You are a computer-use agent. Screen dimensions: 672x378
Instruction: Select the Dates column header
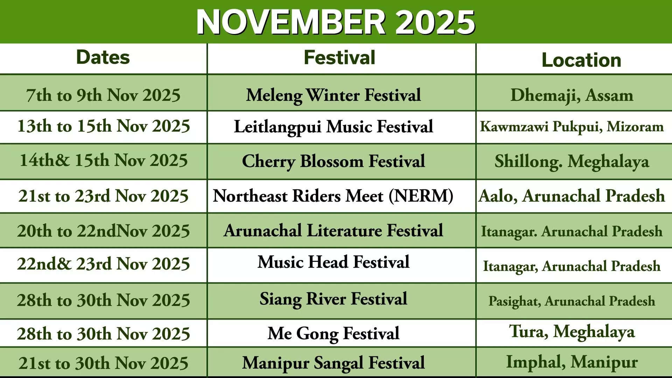(103, 57)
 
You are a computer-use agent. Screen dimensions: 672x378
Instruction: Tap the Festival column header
(339, 57)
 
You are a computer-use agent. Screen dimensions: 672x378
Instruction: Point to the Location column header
(581, 60)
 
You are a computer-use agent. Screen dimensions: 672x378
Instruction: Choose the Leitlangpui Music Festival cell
(333, 127)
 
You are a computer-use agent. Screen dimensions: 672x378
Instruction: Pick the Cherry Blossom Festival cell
(333, 161)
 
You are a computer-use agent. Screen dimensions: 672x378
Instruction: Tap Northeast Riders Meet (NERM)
(333, 196)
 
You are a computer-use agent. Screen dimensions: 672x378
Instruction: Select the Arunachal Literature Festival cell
(333, 231)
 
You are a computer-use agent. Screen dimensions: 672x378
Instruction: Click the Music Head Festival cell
(333, 262)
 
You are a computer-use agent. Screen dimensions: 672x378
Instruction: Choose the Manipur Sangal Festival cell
(333, 363)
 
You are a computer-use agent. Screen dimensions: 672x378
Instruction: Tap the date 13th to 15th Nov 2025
(103, 126)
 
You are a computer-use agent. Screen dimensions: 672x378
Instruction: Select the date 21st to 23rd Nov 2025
(103, 196)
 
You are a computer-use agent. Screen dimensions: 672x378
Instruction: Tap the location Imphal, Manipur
(572, 362)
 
